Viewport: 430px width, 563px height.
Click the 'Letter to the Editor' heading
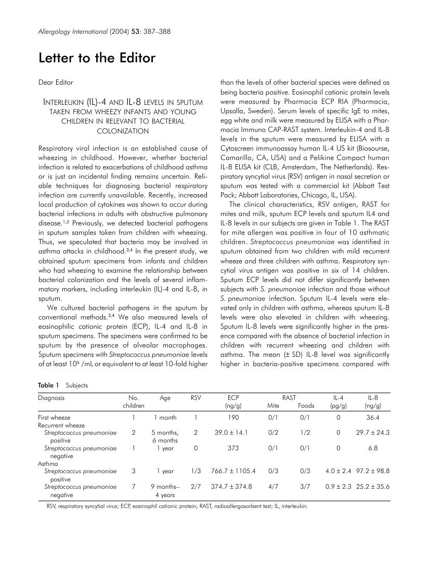click(97, 58)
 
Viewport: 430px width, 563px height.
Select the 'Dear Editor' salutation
click(56, 82)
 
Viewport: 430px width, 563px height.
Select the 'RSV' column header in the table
click(196, 398)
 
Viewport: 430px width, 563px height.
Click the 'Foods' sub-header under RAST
click(305, 406)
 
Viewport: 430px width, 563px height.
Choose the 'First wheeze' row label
click(54, 417)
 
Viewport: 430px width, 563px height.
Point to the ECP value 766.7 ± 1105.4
click(233, 471)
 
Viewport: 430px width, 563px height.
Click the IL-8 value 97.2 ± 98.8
click(373, 471)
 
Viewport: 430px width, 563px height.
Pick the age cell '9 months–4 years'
click(165, 491)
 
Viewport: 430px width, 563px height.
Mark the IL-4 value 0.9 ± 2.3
click(340, 487)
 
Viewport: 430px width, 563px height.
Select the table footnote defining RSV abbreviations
click(177, 506)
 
